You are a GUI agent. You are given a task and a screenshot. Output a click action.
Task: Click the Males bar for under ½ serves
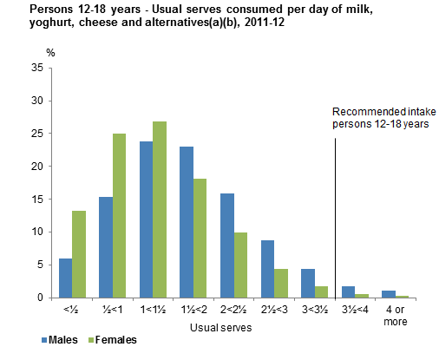click(65, 278)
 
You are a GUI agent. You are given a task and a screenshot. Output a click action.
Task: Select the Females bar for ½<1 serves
click(119, 216)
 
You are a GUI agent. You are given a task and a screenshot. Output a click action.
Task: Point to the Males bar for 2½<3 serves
click(267, 269)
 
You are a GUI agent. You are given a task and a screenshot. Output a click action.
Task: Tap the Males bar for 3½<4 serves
click(348, 292)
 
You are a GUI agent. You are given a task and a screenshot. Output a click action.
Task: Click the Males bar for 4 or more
click(389, 294)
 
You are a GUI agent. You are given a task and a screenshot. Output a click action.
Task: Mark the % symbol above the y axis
click(49, 54)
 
